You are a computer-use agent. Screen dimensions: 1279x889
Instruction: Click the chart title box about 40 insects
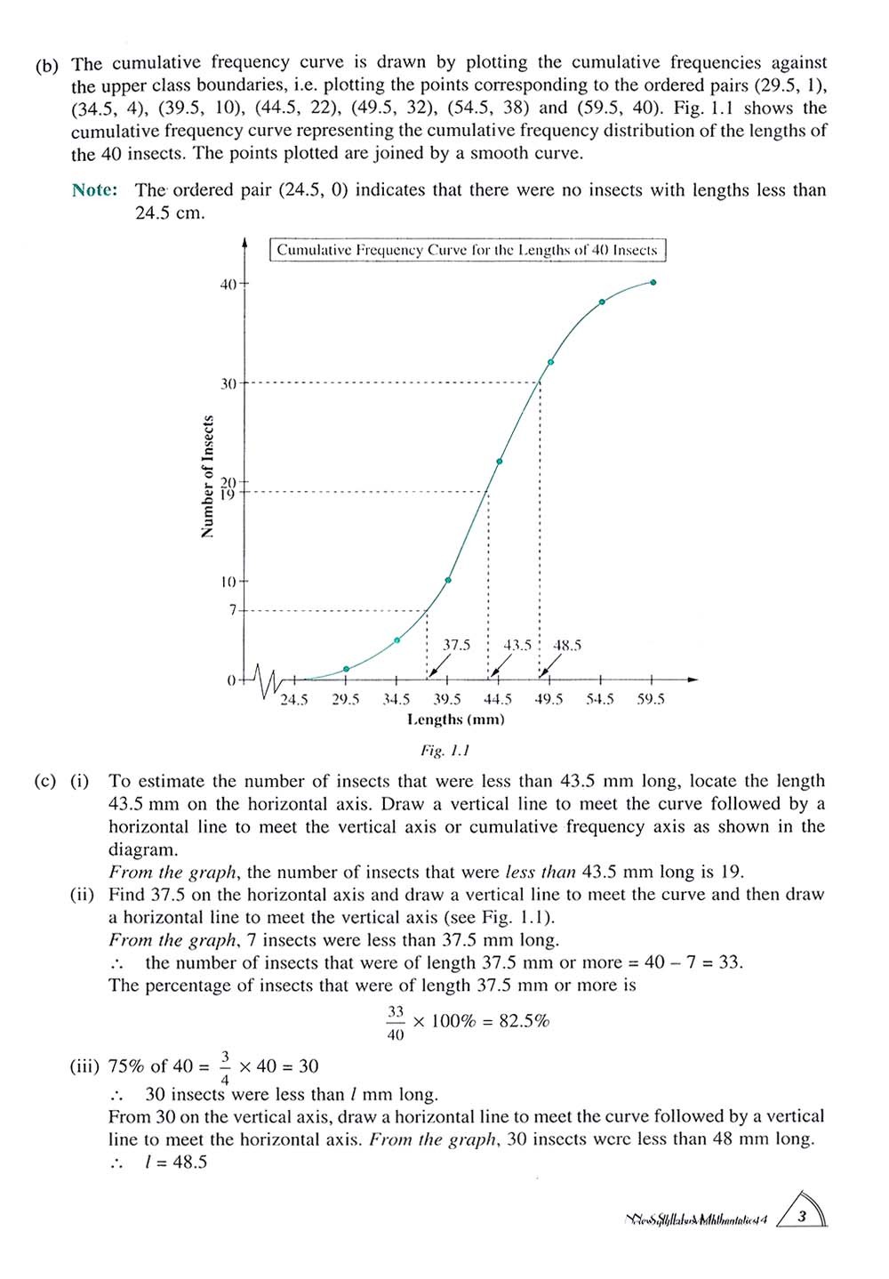click(x=467, y=250)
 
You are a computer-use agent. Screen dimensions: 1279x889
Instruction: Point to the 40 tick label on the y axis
click(x=228, y=285)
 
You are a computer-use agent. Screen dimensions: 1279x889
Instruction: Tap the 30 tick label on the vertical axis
click(x=228, y=383)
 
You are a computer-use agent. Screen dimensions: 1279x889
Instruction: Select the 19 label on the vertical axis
click(x=228, y=494)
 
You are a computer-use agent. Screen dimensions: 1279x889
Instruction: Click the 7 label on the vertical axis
click(x=233, y=610)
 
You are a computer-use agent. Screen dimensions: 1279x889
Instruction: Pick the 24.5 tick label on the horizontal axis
click(x=294, y=700)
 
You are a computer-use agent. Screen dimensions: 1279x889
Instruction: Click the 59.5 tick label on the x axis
click(x=651, y=700)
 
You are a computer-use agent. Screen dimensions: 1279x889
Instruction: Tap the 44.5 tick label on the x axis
click(x=498, y=700)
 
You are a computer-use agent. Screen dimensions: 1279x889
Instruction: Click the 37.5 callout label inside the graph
click(x=456, y=645)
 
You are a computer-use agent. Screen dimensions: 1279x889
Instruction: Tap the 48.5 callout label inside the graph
click(x=567, y=645)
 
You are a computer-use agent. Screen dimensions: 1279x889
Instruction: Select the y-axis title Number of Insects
click(x=208, y=477)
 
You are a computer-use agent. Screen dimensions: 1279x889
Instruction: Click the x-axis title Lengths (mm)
click(x=455, y=720)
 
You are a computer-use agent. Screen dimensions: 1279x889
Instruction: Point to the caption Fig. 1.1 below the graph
click(x=444, y=751)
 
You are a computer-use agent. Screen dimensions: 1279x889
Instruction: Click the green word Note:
click(x=95, y=190)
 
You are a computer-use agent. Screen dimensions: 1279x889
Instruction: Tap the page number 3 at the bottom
click(x=802, y=1216)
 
